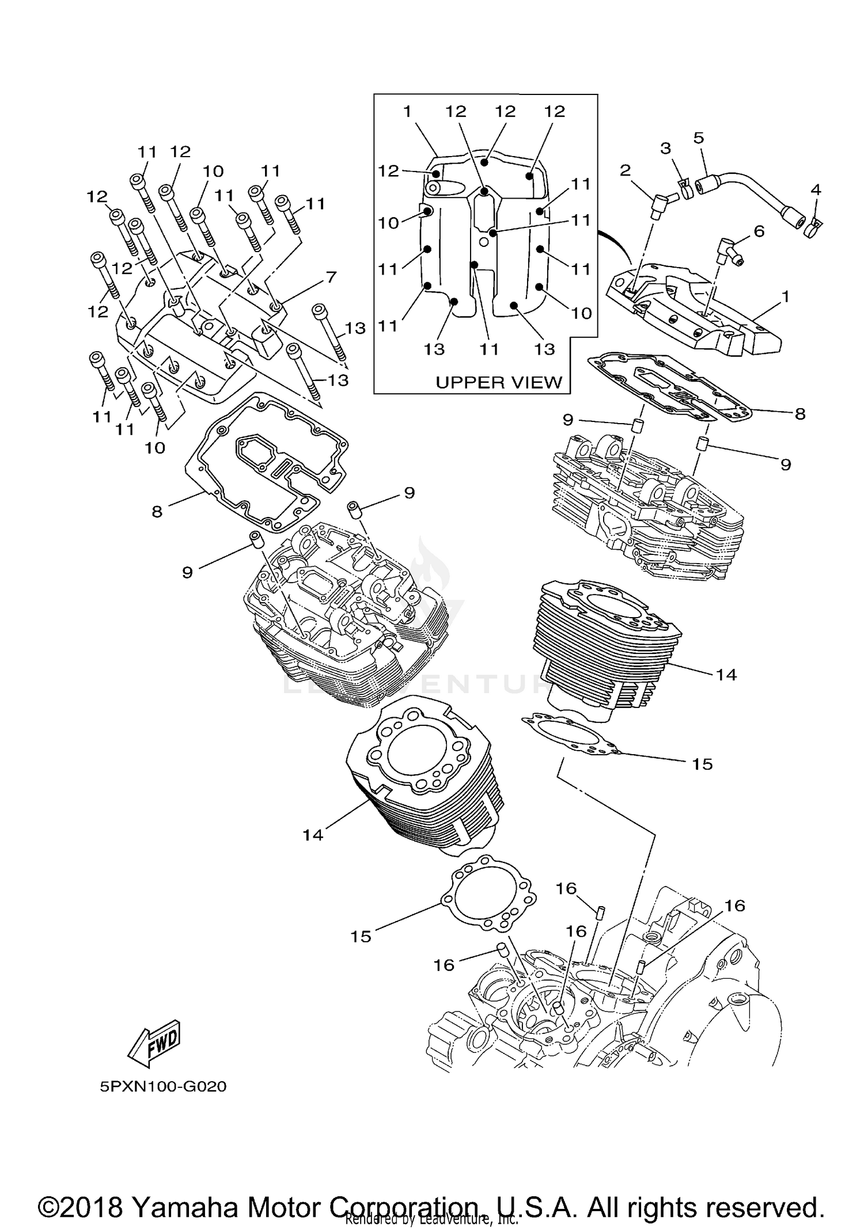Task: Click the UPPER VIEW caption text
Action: pos(498,382)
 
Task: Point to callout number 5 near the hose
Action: pos(699,138)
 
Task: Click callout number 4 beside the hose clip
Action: pos(815,189)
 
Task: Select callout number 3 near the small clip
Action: pos(666,149)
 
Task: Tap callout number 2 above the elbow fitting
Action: pos(626,170)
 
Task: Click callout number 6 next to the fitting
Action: pos(759,231)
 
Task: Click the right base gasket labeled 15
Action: pos(570,736)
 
